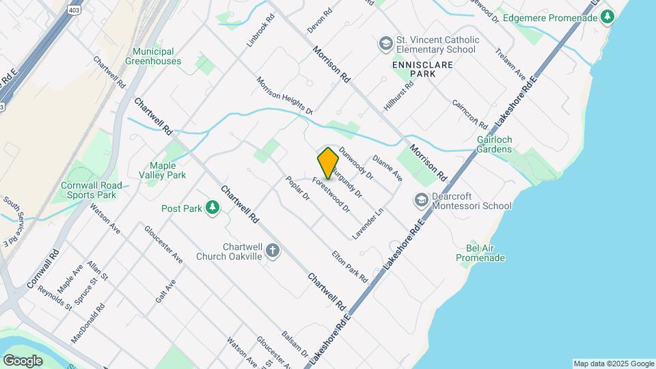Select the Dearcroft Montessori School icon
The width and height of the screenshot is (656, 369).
(421, 200)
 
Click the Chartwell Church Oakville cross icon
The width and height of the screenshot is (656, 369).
(273, 251)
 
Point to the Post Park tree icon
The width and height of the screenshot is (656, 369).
(213, 208)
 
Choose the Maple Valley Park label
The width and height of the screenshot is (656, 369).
(167, 170)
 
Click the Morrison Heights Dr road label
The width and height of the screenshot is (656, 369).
(284, 95)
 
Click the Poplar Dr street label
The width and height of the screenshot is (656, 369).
(298, 187)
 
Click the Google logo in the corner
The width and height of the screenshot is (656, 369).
(23, 360)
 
